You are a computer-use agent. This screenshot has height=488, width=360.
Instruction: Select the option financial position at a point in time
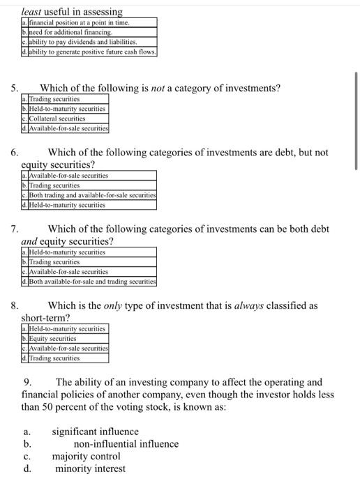tap(79, 23)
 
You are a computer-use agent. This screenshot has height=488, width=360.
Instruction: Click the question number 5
tap(14, 89)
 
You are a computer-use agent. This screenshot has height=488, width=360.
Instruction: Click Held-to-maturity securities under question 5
tap(67, 109)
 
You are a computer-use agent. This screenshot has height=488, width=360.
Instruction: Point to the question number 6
tap(14, 152)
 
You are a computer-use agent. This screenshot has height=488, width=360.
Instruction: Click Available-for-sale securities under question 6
tap(68, 176)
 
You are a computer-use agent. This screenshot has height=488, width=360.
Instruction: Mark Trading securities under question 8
tap(54, 358)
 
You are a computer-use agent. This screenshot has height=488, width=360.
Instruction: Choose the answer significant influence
tap(95, 432)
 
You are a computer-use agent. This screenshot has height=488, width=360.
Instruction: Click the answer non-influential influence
tap(126, 443)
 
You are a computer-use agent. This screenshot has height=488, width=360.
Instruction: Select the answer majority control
tap(86, 456)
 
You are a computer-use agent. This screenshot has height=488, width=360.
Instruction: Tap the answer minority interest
tap(90, 468)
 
